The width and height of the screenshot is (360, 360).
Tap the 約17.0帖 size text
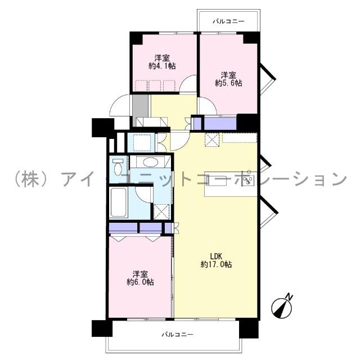(217, 264)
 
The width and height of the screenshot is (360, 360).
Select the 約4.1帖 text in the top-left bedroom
(162, 66)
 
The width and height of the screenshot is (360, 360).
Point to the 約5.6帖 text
(229, 83)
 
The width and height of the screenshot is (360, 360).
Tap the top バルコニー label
(228, 21)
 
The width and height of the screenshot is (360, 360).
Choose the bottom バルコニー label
(177, 335)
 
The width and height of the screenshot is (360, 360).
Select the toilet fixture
(118, 168)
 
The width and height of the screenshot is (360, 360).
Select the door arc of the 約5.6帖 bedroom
(206, 105)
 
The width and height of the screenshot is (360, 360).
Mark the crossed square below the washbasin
(160, 211)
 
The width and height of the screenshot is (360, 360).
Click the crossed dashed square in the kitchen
(212, 139)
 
